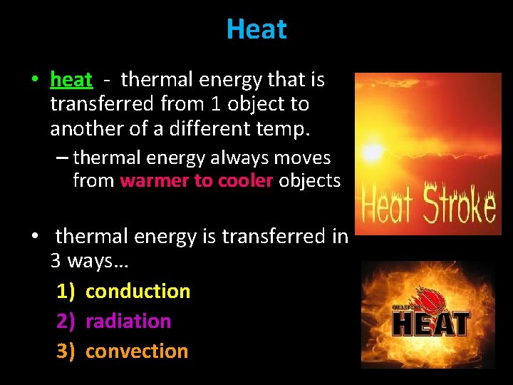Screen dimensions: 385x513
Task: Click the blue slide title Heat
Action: click(x=256, y=29)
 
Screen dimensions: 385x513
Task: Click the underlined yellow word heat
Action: click(x=71, y=80)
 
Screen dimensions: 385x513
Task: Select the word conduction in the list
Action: click(x=138, y=291)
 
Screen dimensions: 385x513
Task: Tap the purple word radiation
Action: click(x=128, y=321)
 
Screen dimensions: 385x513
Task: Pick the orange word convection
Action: click(x=137, y=351)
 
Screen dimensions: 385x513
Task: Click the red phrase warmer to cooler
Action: click(x=197, y=180)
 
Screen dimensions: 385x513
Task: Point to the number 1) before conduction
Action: click(x=66, y=291)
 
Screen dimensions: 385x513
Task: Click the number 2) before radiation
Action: click(x=66, y=321)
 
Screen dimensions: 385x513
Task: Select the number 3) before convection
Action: click(x=66, y=351)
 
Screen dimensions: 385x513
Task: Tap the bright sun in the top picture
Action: click(x=371, y=151)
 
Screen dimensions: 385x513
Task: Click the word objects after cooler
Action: click(x=309, y=180)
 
